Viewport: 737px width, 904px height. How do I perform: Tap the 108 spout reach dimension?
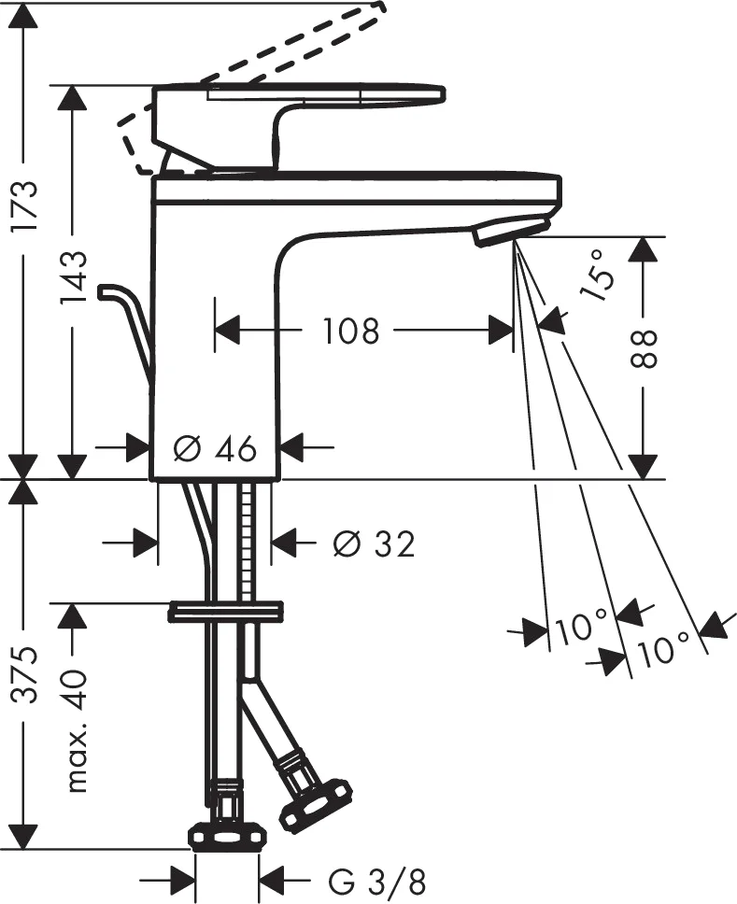coord(351,330)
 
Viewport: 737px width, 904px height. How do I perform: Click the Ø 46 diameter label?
coord(215,449)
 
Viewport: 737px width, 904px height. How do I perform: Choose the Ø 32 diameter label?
coord(373,544)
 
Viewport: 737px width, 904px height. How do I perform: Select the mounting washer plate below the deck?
coord(225,613)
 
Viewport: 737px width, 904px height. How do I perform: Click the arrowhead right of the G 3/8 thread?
coord(272,880)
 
